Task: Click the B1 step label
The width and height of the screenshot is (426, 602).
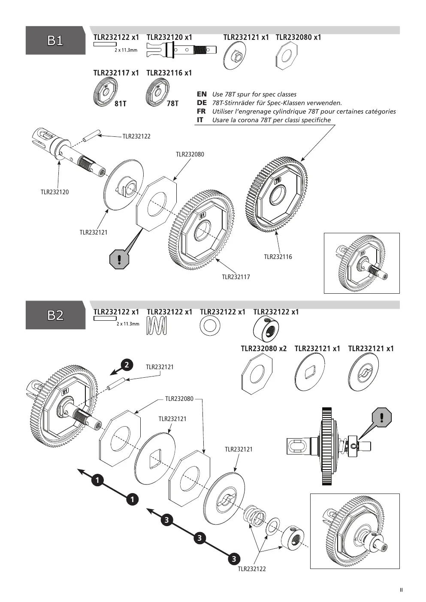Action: coord(55,41)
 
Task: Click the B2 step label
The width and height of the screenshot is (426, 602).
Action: coord(55,315)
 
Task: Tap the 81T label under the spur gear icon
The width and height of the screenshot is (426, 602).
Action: coord(120,103)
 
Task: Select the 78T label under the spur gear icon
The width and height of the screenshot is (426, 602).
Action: coord(172,103)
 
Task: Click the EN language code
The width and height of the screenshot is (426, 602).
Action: coord(202,94)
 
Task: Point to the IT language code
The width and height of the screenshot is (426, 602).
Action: coord(200,120)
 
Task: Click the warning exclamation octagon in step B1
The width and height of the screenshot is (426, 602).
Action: coord(119,259)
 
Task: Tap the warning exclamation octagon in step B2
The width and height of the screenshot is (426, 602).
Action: coord(382,417)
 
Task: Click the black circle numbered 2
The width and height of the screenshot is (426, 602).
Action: coord(127,365)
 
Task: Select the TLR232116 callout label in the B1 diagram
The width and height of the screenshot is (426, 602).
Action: coord(278,257)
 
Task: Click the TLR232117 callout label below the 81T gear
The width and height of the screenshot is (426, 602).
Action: coord(236,277)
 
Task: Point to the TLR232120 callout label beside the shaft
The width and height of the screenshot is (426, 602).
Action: coord(54,192)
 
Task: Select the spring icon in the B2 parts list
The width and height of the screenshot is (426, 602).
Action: coord(157,325)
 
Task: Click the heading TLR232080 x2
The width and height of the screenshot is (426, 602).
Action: coord(263,349)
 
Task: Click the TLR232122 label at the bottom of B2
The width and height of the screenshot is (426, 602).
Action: coord(252,569)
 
